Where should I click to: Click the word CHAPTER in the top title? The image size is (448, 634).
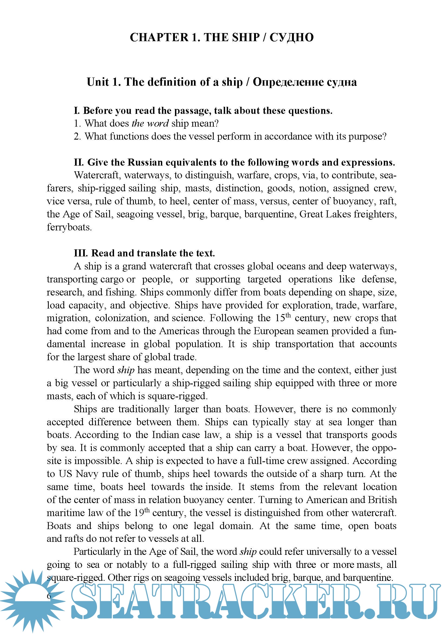[x=159, y=38]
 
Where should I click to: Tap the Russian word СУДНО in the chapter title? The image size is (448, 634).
[x=292, y=38]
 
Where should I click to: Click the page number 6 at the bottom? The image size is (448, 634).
[x=49, y=596]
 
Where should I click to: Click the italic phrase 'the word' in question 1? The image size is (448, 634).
[x=150, y=123]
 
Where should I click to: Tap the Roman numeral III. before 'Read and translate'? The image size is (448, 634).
[x=80, y=253]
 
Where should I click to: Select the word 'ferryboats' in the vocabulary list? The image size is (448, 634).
[x=69, y=227]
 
